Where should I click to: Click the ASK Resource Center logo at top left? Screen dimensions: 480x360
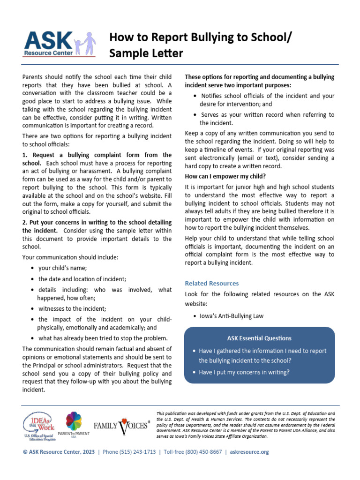[59, 44]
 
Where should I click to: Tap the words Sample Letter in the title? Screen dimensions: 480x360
[146, 53]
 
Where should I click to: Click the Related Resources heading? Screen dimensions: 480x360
[212, 283]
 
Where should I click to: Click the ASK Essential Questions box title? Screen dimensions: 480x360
[259, 338]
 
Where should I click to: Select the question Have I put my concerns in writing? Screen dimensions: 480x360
[244, 372]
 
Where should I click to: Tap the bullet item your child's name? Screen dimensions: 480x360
[62, 268]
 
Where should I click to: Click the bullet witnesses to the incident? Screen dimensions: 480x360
[72, 308]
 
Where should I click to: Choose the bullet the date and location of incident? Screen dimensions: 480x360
[82, 279]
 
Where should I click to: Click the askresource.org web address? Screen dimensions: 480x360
[251, 452]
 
